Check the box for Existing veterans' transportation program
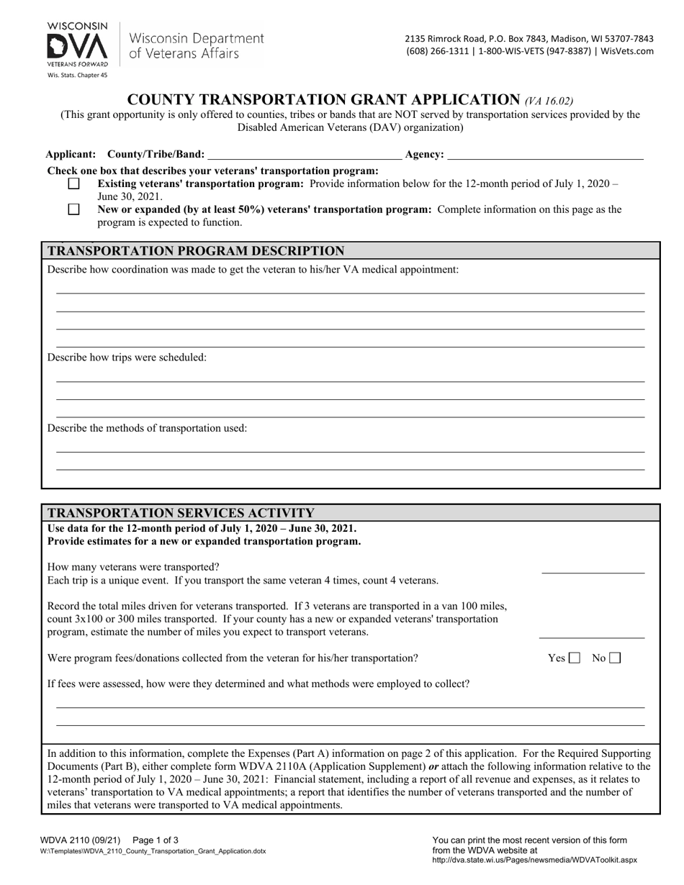coord(73,183)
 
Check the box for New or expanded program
coord(73,209)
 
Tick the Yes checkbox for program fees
coord(575,658)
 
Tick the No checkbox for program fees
coord(615,658)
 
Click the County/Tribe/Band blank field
coord(305,154)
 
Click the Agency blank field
coord(545,154)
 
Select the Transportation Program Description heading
coord(196,251)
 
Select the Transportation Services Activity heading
coord(181,513)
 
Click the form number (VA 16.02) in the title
coord(549,101)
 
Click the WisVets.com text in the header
coord(627,51)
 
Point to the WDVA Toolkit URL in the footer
coord(534,860)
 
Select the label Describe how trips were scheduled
coord(127,358)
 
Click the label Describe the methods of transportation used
coord(147,428)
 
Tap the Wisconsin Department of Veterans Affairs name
coord(197,45)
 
